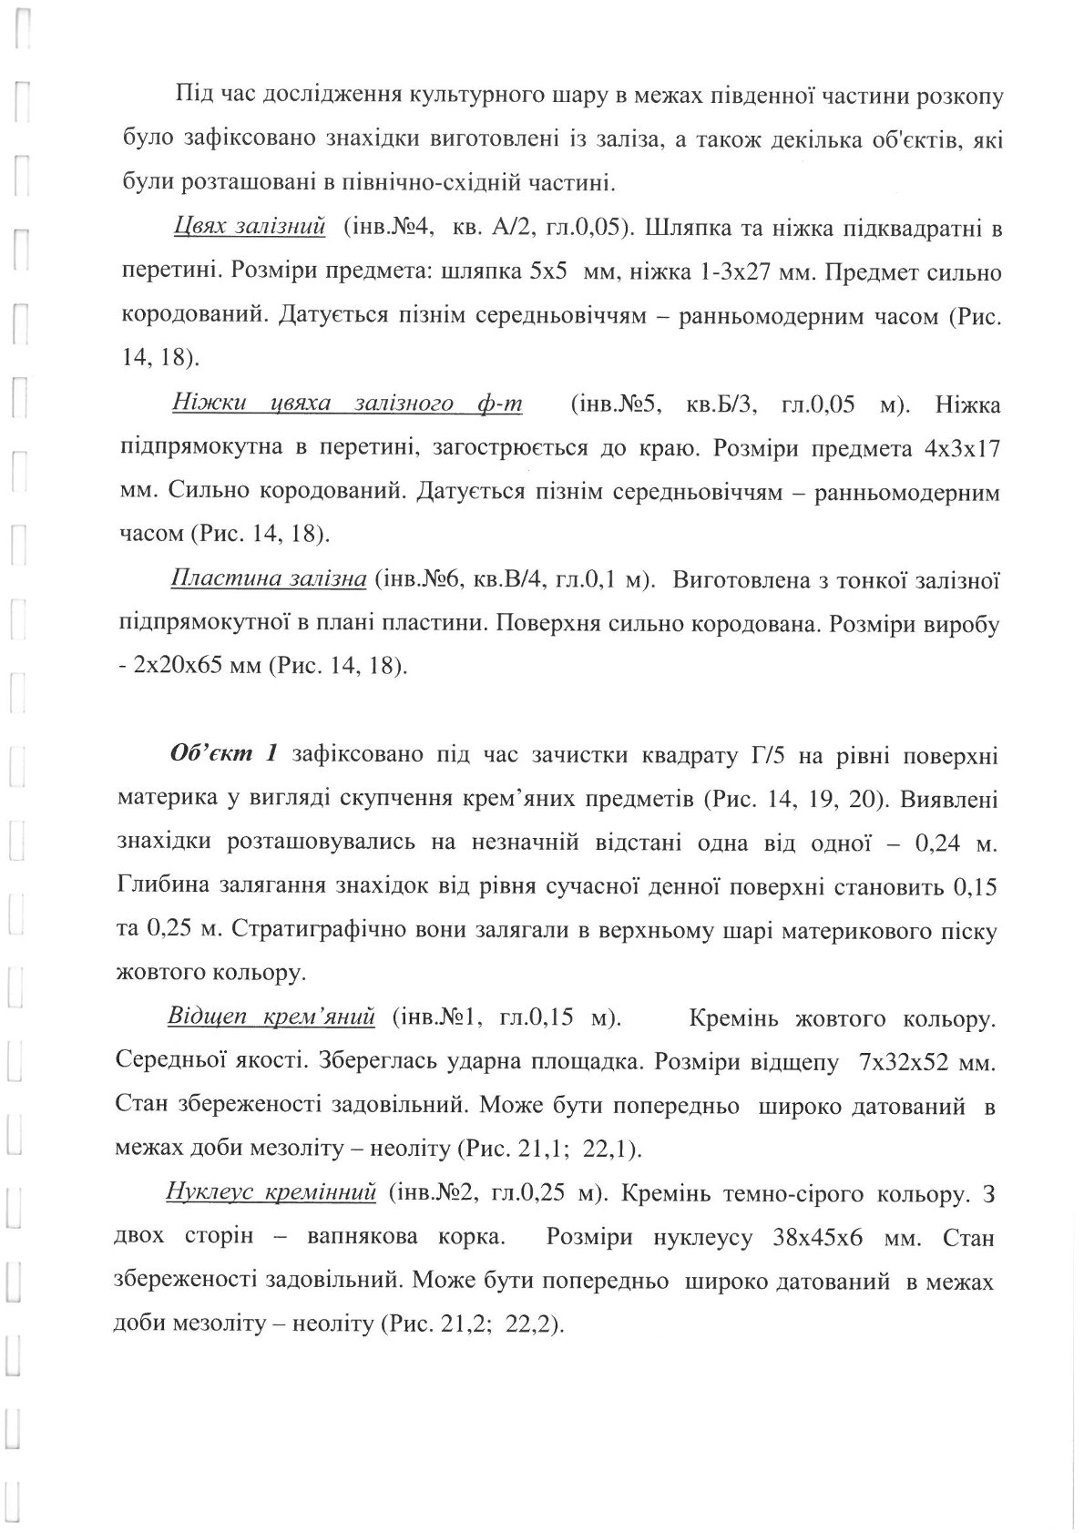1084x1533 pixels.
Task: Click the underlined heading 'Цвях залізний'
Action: [x=249, y=229]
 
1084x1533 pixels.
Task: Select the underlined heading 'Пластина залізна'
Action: [x=269, y=580]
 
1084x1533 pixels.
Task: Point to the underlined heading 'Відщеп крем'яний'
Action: [x=271, y=1017]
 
